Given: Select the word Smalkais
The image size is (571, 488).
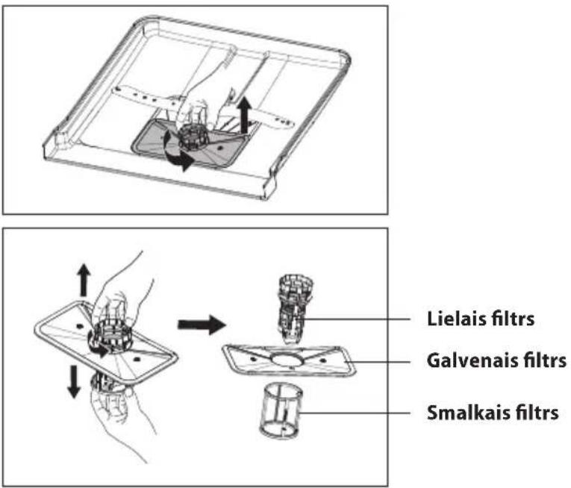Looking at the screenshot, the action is [466, 413].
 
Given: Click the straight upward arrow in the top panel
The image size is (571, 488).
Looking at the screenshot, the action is [244, 116].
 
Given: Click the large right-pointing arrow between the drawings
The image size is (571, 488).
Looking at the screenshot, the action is [202, 325].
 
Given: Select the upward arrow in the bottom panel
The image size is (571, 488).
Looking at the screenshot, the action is [84, 280].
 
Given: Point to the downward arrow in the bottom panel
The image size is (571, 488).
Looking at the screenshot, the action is [74, 381].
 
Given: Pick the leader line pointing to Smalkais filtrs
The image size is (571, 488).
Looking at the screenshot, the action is [355, 413].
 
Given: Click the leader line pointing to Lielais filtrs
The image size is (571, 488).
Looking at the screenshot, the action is [355, 319].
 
